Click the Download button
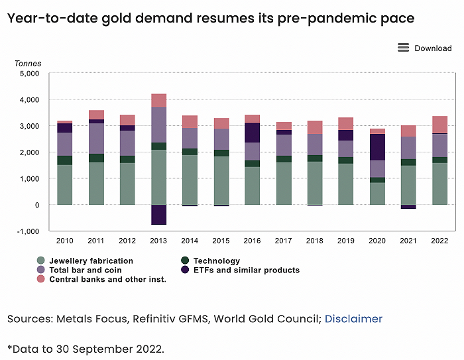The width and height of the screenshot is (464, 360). [432, 48]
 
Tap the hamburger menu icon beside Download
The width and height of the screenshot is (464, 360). [403, 48]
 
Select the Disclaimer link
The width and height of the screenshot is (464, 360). [353, 319]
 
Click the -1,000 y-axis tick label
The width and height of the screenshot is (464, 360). [29, 231]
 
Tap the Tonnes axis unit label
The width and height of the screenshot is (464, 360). [28, 64]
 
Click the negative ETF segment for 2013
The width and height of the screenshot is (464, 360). [158, 214]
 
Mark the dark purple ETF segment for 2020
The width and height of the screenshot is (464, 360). [377, 147]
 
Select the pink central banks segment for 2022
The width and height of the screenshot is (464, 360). [439, 125]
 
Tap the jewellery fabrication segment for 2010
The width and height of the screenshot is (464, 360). [65, 184]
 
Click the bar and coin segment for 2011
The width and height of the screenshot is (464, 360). [96, 138]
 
